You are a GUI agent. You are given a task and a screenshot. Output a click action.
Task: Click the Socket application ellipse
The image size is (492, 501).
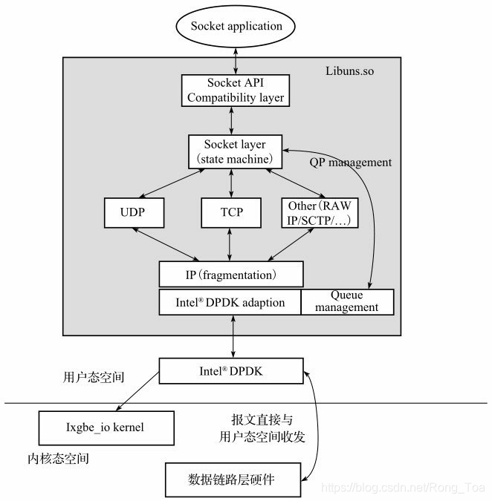(236, 26)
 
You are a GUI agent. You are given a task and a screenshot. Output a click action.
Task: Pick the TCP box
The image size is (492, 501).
(231, 212)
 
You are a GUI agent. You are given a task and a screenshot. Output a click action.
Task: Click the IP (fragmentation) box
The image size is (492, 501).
(231, 274)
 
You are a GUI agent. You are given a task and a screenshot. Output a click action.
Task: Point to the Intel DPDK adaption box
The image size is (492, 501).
(230, 302)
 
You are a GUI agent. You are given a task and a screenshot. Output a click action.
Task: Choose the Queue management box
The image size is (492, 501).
(347, 302)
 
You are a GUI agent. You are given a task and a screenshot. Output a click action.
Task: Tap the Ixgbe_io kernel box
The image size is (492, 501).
(106, 428)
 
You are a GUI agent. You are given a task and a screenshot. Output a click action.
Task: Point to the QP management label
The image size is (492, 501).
(349, 162)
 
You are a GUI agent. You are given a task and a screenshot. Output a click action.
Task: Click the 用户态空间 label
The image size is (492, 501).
(94, 377)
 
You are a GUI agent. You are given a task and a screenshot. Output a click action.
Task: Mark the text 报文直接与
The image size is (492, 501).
(251, 419)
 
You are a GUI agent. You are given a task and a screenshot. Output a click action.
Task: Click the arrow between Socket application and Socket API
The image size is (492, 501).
(236, 58)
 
